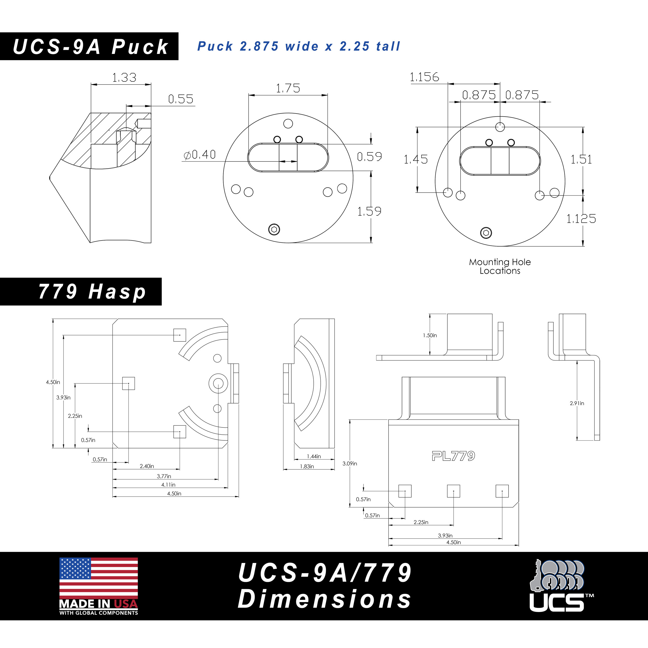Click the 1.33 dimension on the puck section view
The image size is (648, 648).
124,78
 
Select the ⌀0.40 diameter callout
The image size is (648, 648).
200,155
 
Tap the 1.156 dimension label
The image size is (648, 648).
424,77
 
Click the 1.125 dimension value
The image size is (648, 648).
581,219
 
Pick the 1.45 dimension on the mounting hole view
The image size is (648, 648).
415,159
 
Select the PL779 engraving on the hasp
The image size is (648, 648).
453,455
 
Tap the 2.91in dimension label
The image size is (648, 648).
577,403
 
